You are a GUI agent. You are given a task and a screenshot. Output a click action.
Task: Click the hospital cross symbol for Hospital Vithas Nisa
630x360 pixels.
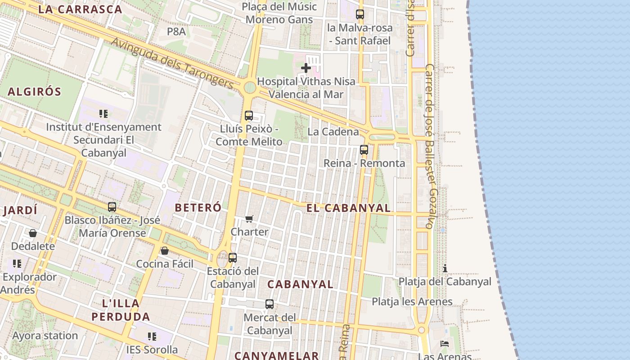click(x=306, y=68)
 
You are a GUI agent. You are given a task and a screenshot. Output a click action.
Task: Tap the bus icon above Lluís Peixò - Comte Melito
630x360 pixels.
click(x=249, y=115)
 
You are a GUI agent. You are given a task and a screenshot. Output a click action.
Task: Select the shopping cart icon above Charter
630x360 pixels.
click(x=249, y=219)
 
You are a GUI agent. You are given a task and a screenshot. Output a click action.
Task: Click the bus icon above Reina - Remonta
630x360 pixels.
click(x=364, y=150)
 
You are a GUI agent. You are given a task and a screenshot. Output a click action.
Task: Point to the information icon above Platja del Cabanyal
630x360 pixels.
click(x=445, y=268)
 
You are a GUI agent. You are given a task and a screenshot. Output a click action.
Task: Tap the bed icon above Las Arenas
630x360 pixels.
click(x=445, y=343)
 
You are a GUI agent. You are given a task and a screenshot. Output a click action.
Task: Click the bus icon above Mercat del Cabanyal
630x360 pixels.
click(x=270, y=304)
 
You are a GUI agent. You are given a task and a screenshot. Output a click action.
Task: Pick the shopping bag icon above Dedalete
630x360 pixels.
click(x=33, y=233)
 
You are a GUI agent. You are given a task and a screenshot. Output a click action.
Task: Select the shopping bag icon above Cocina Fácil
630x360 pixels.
click(x=165, y=251)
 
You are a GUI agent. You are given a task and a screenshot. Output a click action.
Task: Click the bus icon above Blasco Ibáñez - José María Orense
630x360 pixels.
click(x=112, y=207)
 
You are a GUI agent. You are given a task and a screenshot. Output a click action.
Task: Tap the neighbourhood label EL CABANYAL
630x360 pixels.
click(x=348, y=208)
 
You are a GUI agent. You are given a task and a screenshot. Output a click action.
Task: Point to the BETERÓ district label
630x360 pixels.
click(x=198, y=207)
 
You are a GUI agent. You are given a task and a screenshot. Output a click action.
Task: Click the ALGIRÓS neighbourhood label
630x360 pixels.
click(x=34, y=92)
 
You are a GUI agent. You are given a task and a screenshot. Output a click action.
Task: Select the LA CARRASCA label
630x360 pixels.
click(x=80, y=9)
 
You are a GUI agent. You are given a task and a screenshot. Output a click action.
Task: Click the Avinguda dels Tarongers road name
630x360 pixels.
click(x=173, y=63)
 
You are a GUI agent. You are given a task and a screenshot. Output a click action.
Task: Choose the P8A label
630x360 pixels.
click(x=176, y=31)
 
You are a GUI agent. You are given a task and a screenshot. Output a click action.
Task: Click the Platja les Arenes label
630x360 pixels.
click(x=412, y=301)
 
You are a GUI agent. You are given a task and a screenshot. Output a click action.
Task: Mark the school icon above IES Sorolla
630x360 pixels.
click(x=152, y=336)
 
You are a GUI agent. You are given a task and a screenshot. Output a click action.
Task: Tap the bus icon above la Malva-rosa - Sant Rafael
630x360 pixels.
click(x=360, y=14)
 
